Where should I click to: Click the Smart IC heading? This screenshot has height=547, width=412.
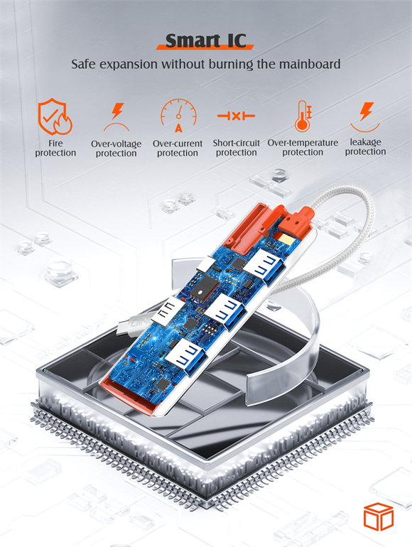point(205,41)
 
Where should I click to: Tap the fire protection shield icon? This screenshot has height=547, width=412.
point(55,117)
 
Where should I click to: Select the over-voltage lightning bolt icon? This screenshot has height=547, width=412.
point(117,117)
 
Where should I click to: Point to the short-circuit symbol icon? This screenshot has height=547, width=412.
point(236,116)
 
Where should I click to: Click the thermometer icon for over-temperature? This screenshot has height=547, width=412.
point(303,117)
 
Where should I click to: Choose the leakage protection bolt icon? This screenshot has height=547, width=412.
point(365,117)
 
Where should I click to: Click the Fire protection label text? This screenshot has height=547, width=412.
point(55,148)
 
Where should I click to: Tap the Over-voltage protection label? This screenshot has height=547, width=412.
point(116,148)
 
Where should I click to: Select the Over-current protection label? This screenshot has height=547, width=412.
point(178,148)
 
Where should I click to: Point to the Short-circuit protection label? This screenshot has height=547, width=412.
point(236,148)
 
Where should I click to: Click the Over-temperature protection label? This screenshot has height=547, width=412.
point(303,147)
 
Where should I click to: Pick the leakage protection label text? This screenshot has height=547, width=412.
point(365,147)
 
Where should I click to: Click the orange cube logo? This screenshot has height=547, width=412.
point(379,516)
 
